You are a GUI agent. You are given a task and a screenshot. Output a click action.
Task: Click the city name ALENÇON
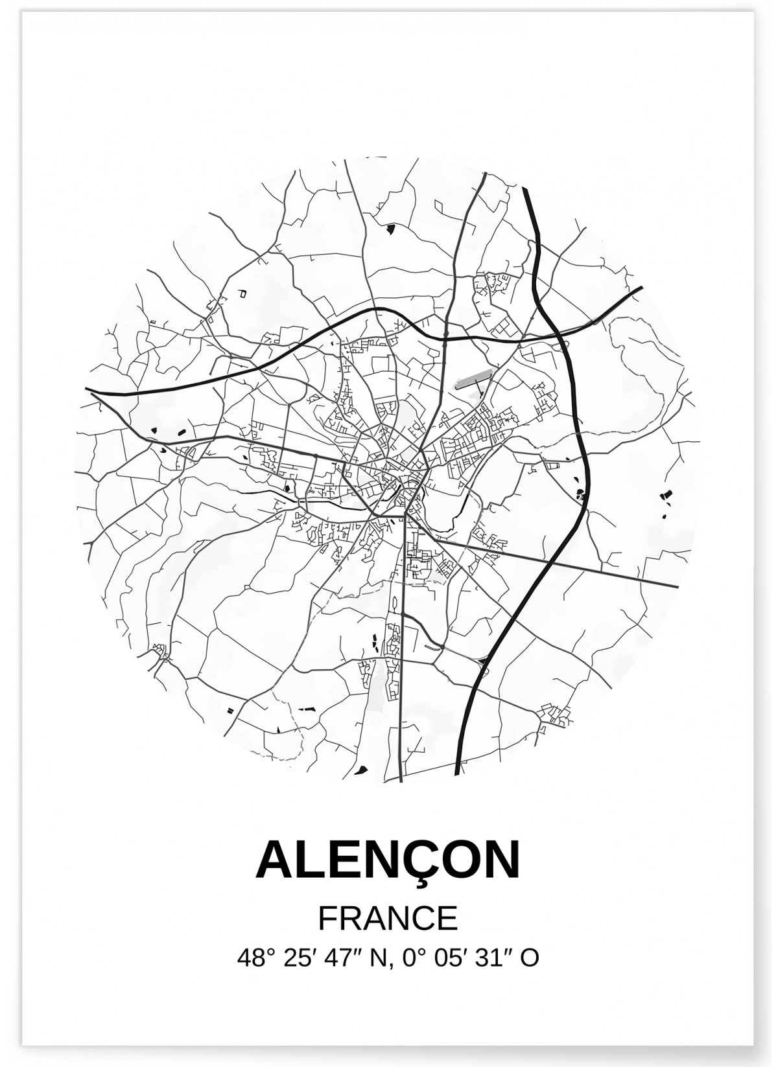pyautogui.click(x=388, y=860)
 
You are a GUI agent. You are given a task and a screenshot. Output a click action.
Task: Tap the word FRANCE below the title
pyautogui.click(x=388, y=918)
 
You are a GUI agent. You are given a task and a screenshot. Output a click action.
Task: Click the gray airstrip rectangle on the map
pyautogui.click(x=473, y=378)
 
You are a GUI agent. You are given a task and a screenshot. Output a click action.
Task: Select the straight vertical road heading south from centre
pyautogui.click(x=402, y=648)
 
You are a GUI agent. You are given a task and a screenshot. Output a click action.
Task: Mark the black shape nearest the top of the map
pyautogui.click(x=391, y=228)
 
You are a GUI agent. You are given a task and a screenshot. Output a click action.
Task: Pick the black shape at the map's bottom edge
pyautogui.click(x=362, y=769)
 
